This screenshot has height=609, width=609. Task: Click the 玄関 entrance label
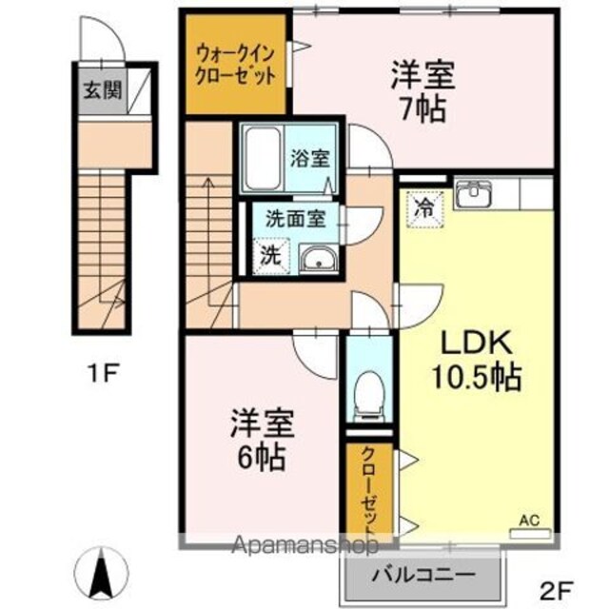pyautogui.click(x=103, y=90)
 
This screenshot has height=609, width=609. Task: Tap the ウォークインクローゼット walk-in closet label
pyautogui.click(x=235, y=65)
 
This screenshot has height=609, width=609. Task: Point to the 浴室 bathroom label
pyautogui.click(x=311, y=158)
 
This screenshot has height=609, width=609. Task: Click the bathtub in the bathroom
pyautogui.click(x=263, y=158)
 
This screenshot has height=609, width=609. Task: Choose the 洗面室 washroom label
pyautogui.click(x=296, y=219)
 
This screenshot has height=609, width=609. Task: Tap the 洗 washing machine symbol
pyautogui.click(x=270, y=256)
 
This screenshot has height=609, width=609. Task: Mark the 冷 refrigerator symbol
pyautogui.click(x=424, y=209)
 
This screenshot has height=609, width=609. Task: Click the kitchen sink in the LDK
pyautogui.click(x=474, y=193)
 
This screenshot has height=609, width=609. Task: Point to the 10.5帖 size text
pyautogui.click(x=476, y=377)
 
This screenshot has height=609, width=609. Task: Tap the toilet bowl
pyautogui.click(x=369, y=396)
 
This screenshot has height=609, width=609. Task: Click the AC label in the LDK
pyautogui.click(x=530, y=521)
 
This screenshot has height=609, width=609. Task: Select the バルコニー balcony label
pyautogui.click(x=423, y=574)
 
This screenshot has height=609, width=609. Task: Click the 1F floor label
pyautogui.click(x=102, y=373)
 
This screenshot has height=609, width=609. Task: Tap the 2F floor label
pyautogui.click(x=557, y=593)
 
